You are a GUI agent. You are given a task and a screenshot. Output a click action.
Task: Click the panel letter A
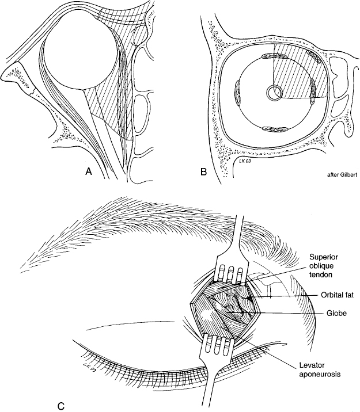(x=88, y=170)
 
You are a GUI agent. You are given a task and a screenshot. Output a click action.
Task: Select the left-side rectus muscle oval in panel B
(x=238, y=92)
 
